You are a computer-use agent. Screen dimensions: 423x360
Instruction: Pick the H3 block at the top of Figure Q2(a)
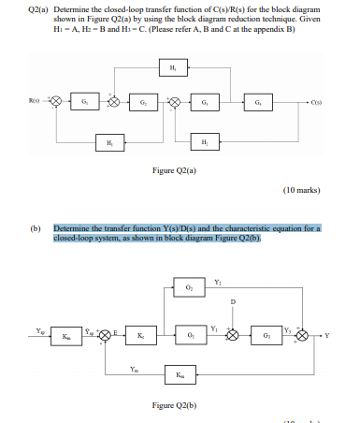(x=172, y=66)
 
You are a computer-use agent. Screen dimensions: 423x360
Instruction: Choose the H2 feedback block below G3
(x=204, y=142)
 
